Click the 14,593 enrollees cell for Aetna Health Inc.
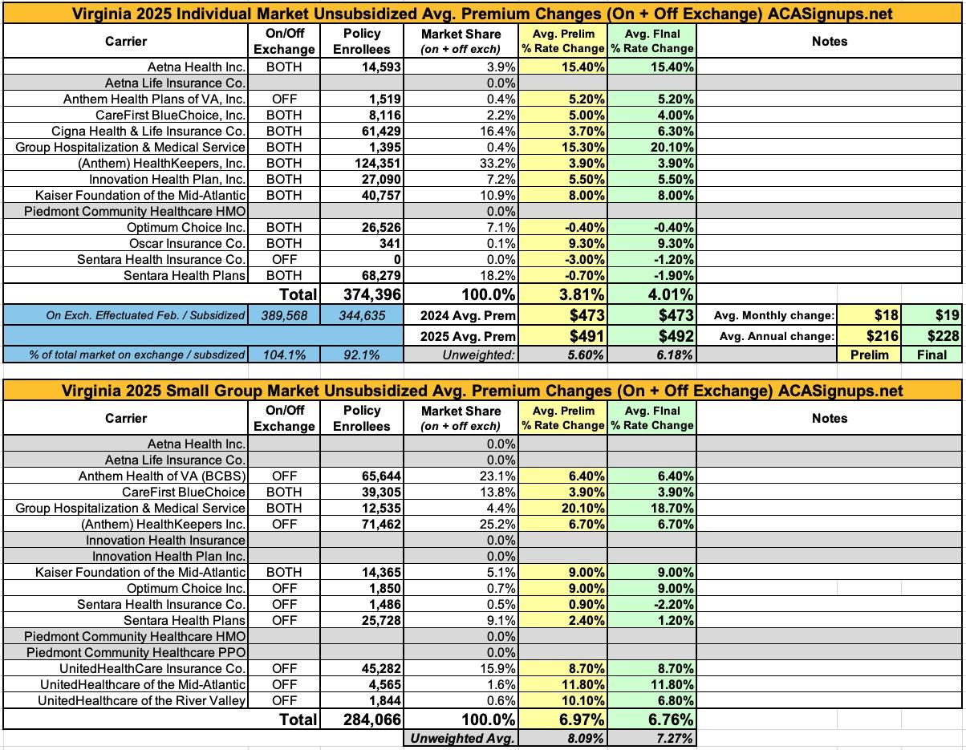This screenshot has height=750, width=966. pyautogui.click(x=379, y=67)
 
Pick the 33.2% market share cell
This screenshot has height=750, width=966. pyautogui.click(x=497, y=164)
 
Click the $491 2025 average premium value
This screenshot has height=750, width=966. pyautogui.click(x=586, y=336)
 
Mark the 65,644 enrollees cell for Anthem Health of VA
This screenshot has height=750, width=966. pyautogui.click(x=379, y=476)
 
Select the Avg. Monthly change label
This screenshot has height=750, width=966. pyautogui.click(x=774, y=316)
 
